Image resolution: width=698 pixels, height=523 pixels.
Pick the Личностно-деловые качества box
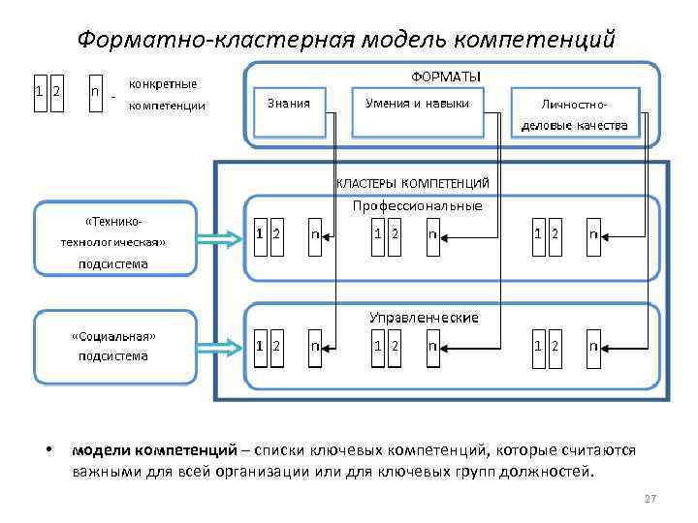[574, 113]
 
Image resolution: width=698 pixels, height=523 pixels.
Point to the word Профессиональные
[417, 205]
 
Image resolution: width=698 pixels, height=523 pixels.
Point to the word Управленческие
[423, 317]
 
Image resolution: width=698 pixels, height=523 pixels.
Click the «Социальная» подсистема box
[114, 346]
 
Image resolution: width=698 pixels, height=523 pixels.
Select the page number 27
[650, 498]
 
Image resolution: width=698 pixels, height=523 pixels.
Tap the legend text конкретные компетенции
[167, 95]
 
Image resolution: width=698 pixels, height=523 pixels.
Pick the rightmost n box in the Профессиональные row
[593, 234]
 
